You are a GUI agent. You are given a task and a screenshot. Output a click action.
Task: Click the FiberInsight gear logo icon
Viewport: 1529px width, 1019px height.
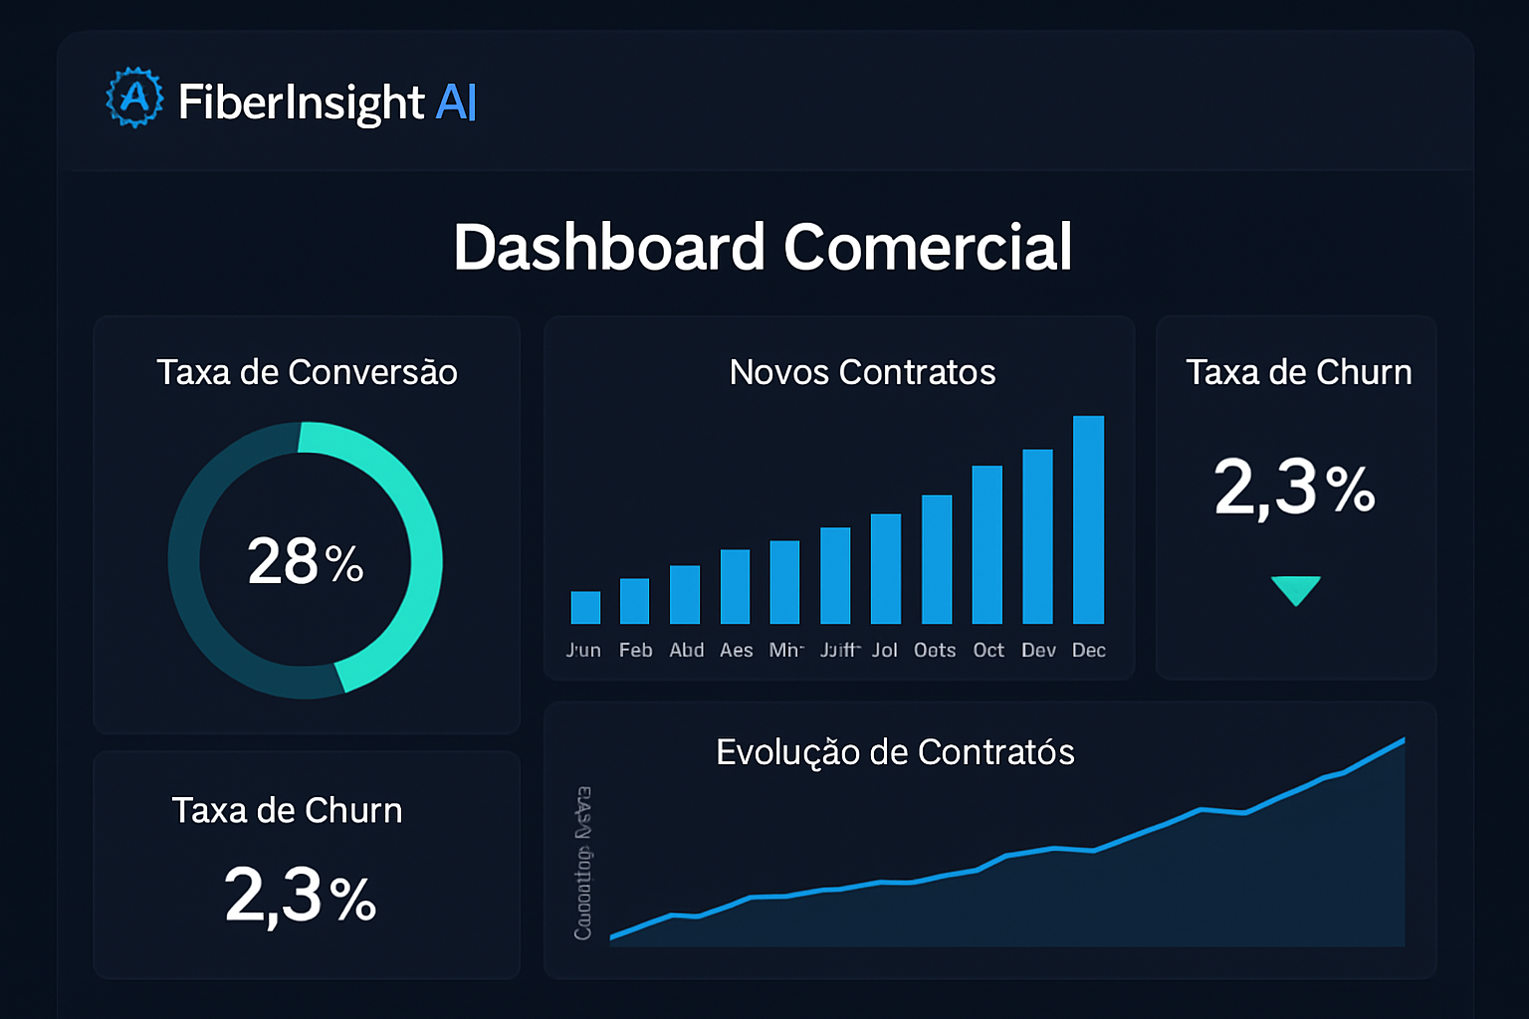(x=134, y=98)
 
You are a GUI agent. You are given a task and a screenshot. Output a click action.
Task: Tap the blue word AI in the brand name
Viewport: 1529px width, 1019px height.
(x=456, y=102)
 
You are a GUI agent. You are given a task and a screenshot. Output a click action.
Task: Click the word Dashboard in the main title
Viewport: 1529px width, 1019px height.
(x=608, y=247)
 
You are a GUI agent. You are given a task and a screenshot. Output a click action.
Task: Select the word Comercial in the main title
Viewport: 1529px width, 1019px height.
(x=928, y=247)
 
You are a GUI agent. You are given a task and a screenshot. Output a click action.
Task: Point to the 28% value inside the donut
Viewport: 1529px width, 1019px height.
(x=305, y=561)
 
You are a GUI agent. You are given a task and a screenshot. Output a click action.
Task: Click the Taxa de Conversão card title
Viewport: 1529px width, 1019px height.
(x=307, y=372)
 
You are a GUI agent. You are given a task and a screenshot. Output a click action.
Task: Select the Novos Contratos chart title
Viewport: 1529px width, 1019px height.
(x=862, y=372)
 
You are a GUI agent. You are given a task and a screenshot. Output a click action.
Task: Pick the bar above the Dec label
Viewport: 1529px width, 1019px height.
(x=1088, y=519)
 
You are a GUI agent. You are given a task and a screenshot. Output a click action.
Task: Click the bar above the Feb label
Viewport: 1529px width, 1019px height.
(x=634, y=601)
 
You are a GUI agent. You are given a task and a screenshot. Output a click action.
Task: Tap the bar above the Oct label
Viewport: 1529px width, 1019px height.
(x=986, y=544)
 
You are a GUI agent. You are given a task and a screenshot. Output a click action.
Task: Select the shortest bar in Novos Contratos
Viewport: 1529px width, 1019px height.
(x=585, y=607)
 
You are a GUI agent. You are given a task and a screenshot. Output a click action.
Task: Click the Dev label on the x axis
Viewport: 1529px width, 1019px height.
(x=1038, y=650)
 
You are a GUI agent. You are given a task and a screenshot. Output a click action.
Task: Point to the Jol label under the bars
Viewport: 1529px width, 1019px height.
(x=884, y=650)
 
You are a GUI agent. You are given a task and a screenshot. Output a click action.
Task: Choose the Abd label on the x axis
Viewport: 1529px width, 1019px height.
(x=686, y=650)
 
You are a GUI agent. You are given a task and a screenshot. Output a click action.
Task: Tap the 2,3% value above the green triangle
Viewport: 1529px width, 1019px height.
(x=1294, y=488)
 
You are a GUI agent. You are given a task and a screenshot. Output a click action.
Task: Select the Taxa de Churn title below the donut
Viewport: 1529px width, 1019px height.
(x=287, y=810)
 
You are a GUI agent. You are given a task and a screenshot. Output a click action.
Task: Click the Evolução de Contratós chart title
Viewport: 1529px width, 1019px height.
(x=895, y=752)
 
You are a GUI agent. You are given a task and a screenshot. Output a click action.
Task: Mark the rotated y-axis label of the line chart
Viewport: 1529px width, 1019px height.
(x=583, y=863)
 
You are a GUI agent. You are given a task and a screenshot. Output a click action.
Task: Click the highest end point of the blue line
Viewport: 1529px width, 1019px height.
(x=1403, y=740)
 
